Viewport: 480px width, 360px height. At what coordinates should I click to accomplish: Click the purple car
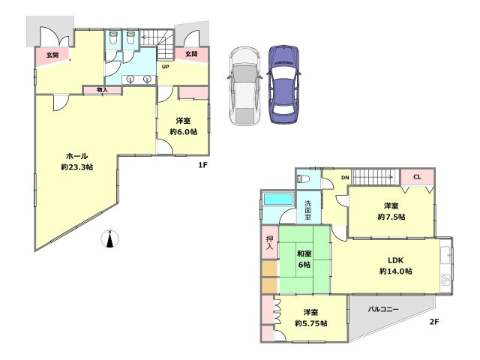[x=283, y=85]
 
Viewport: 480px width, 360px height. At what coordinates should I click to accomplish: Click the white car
[x=244, y=86]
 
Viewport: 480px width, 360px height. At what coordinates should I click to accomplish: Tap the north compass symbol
[x=109, y=238]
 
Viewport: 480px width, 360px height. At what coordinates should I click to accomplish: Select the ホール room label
[x=76, y=156]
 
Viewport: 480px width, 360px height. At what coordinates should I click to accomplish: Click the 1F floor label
[x=202, y=165]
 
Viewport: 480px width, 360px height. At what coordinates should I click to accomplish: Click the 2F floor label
[x=434, y=322]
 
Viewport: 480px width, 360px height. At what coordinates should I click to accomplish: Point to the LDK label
[x=395, y=260]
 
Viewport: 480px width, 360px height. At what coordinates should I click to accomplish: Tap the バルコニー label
[x=383, y=309]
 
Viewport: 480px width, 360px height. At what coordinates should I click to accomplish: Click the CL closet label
[x=417, y=177]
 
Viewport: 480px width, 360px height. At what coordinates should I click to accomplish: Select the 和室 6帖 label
[x=304, y=259]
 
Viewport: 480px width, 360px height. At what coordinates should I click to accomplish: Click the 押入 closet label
[x=269, y=242]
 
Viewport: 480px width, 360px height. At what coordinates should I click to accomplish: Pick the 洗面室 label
[x=308, y=210]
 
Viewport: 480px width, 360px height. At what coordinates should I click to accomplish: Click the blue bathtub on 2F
[x=278, y=199]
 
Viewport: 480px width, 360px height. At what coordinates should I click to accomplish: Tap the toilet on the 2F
[x=303, y=178]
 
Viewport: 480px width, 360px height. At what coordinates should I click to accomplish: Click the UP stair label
[x=165, y=67]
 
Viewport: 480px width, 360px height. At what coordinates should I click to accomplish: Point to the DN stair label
[x=345, y=177]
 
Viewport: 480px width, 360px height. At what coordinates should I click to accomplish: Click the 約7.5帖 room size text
[x=391, y=217]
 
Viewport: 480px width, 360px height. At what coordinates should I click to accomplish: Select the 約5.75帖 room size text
[x=311, y=323]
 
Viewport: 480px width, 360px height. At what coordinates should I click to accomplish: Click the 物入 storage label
[x=102, y=90]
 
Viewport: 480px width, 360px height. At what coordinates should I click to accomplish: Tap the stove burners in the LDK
[x=445, y=280]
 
